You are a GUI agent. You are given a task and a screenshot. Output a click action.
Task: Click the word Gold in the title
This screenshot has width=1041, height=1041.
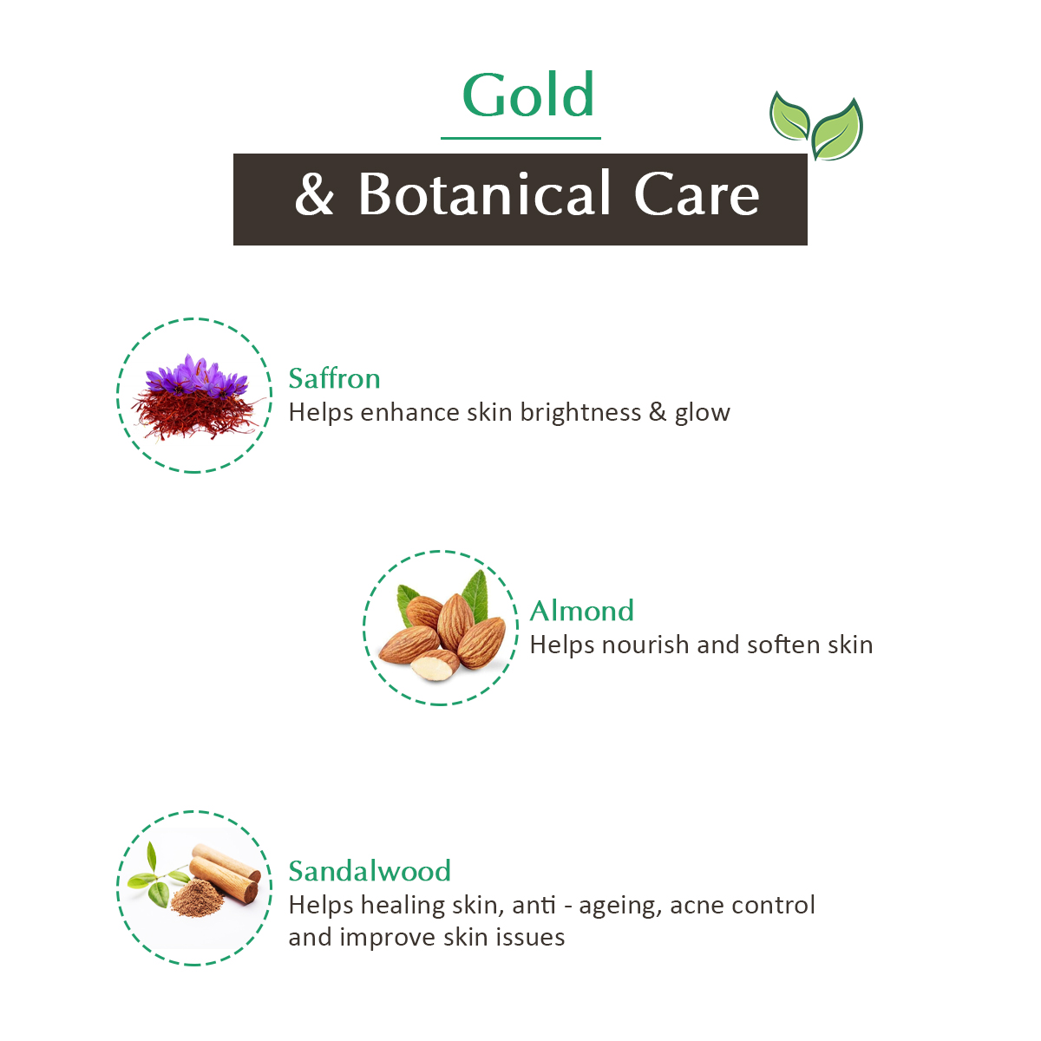pyautogui.click(x=527, y=95)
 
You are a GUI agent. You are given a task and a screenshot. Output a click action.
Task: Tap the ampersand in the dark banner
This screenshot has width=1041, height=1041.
pyautogui.click(x=314, y=194)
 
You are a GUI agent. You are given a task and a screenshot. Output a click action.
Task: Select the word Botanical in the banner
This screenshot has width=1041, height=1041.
pyautogui.click(x=484, y=193)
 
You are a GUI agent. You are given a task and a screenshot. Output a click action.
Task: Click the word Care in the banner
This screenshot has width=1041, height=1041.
pyautogui.click(x=697, y=194)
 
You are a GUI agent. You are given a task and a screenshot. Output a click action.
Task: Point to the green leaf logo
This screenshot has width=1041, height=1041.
pyautogui.click(x=816, y=126)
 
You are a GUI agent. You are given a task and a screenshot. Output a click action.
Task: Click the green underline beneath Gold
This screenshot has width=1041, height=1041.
pyautogui.click(x=520, y=138)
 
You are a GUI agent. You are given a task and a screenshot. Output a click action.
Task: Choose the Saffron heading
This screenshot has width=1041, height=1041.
pyautogui.click(x=334, y=378)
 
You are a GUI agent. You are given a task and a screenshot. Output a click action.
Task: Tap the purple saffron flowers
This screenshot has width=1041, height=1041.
pyautogui.click(x=197, y=376)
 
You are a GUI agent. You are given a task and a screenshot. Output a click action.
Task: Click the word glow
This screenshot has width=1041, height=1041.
pyautogui.click(x=703, y=414)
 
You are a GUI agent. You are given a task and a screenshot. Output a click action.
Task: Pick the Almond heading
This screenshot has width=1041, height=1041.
pyautogui.click(x=582, y=611)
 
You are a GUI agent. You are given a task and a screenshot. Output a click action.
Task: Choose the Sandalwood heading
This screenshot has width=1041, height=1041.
pyautogui.click(x=370, y=871)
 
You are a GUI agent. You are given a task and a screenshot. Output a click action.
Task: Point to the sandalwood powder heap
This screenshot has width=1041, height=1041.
pyautogui.click(x=197, y=898)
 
